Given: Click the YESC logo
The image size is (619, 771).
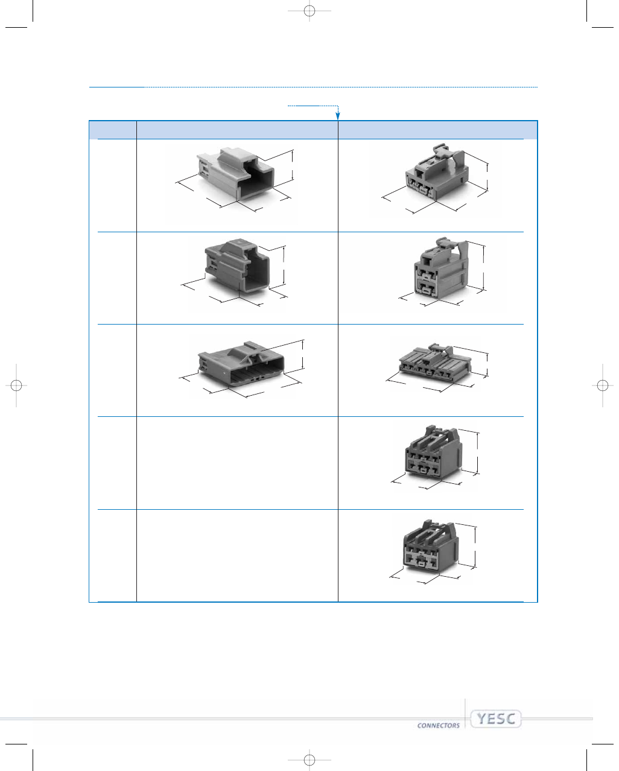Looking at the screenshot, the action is point(496,719).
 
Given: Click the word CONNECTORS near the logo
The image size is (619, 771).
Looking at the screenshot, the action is point(439,726).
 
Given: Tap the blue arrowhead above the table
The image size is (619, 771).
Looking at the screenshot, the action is point(338,115).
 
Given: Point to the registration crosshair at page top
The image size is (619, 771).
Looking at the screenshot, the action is point(309,11).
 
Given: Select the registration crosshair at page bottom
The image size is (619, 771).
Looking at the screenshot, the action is point(309,760).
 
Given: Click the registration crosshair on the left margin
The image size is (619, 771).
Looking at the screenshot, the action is point(16,386).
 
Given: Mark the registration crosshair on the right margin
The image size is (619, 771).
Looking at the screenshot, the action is point(603,386).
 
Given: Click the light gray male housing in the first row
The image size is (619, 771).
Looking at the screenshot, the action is point(235,174).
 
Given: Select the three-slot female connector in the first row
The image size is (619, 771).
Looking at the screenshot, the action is point(437,173).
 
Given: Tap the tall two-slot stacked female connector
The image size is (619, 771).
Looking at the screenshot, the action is point(441,268).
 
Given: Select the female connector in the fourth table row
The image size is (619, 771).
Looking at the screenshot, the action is point(434,452).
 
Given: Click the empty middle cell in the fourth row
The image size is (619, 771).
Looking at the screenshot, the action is point(237,463).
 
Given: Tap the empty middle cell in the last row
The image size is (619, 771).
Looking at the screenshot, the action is point(237,556).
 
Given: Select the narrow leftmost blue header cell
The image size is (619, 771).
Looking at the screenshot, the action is point(113,130).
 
